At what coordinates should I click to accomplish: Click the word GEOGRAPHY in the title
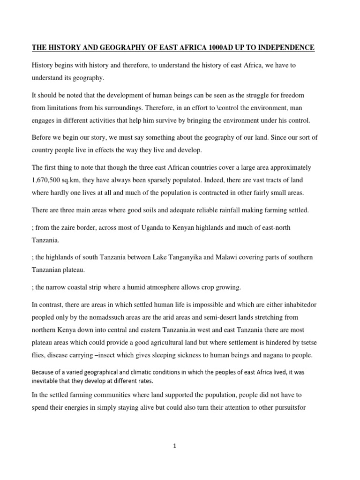(125, 48)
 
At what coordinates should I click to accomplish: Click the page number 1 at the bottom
(174, 446)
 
